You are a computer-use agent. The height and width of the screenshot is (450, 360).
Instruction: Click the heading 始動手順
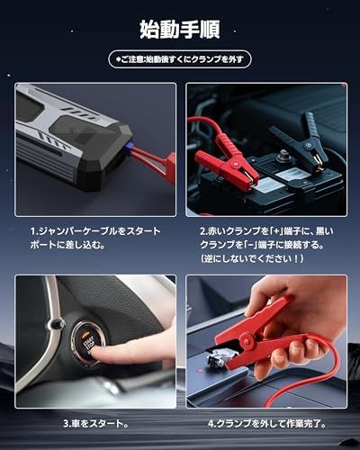pyautogui.click(x=180, y=29)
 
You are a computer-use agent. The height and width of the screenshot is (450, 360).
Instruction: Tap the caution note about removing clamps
pyautogui.click(x=180, y=59)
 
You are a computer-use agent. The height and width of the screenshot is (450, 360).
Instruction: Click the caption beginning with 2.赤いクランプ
pyautogui.click(x=270, y=237)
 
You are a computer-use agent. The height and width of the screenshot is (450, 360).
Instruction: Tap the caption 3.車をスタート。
pyautogui.click(x=95, y=422)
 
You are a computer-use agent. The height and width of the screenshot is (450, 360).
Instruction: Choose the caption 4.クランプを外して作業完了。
pyautogui.click(x=267, y=422)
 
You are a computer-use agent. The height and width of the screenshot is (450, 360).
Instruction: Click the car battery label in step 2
pyautogui.click(x=270, y=185)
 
